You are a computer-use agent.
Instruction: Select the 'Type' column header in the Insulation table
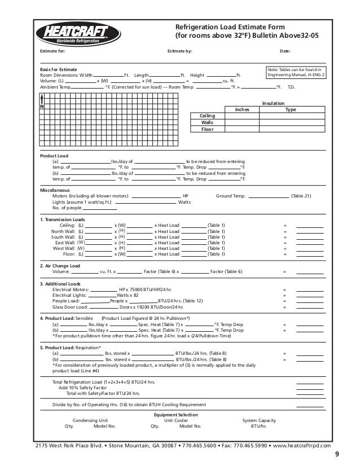click(x=291, y=109)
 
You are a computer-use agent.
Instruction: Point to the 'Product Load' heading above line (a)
click(x=54, y=155)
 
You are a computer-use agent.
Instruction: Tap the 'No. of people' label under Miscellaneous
click(x=68, y=208)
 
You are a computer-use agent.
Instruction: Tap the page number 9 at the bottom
click(x=337, y=456)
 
